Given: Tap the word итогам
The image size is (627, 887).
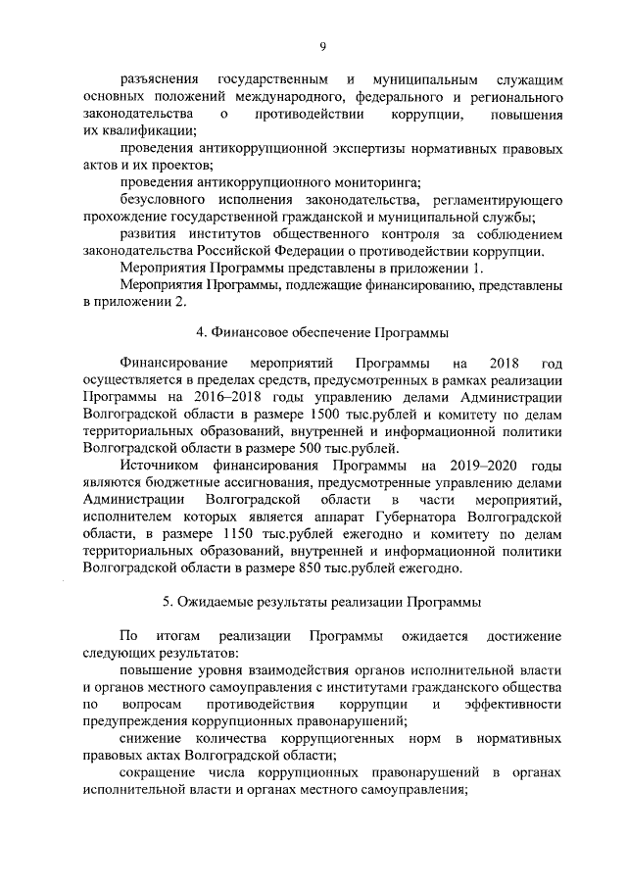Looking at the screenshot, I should (177, 636).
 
